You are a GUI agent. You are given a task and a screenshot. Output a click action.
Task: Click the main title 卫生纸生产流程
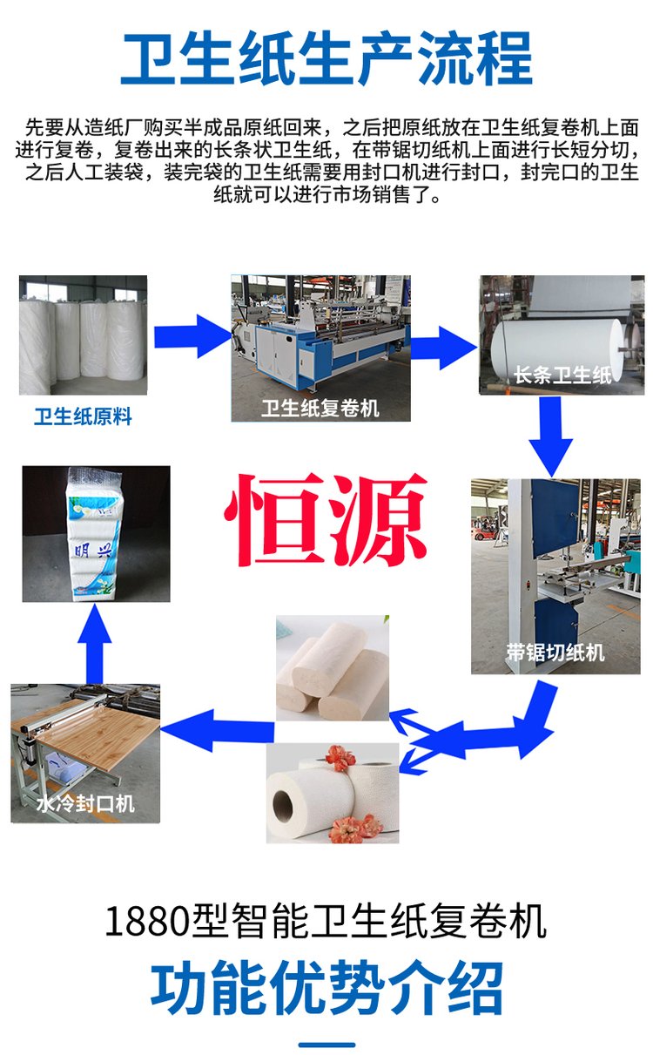coord(326,57)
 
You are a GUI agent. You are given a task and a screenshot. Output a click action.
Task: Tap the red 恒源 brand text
coord(326,519)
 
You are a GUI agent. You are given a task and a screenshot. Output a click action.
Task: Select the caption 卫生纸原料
coord(83,416)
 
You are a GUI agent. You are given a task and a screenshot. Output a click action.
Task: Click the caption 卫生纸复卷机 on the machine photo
coord(320,408)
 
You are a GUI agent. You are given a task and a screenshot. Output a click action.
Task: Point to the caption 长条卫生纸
coord(562,375)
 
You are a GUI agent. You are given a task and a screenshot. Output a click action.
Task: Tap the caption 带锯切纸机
coord(555,653)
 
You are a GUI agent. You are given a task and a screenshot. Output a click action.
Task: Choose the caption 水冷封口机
coord(85,803)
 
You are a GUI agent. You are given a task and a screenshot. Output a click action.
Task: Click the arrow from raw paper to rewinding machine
coord(193,335)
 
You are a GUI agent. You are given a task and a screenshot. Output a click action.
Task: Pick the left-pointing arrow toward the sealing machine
coord(217,731)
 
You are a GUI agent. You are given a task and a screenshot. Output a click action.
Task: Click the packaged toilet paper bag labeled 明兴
coord(96,534)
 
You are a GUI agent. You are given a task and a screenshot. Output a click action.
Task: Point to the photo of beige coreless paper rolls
coord(333,668)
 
